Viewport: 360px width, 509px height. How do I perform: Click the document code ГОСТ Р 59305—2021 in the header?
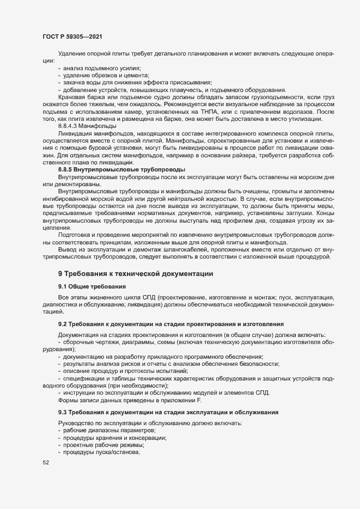pos(72,36)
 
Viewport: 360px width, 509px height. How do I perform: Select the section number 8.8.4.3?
pos(70,125)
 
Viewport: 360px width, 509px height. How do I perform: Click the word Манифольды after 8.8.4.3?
pos(102,125)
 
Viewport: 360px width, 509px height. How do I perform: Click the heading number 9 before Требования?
pos(60,273)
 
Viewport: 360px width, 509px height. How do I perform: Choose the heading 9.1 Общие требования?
pos(91,286)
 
